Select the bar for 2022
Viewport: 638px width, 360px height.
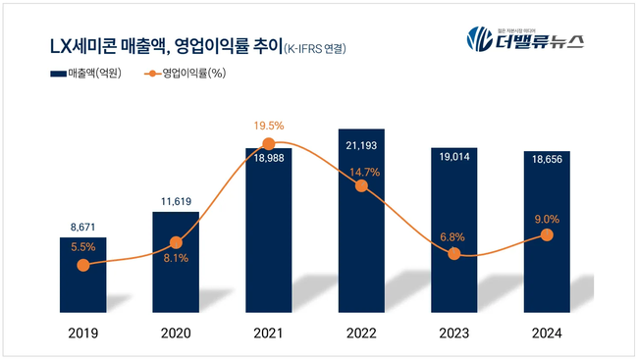click(360, 226)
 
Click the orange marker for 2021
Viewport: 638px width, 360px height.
click(268, 144)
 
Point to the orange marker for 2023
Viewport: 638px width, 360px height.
click(453, 253)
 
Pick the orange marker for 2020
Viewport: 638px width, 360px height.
click(176, 242)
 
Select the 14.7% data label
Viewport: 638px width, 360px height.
click(361, 171)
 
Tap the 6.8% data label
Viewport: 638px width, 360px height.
click(453, 235)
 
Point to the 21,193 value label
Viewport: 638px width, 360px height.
click(360, 147)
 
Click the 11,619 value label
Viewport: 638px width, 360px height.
click(176, 200)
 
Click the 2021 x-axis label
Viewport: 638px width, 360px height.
click(268, 334)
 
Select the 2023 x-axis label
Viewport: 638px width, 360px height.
click(453, 334)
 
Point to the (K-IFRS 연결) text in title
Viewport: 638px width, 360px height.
click(316, 47)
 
